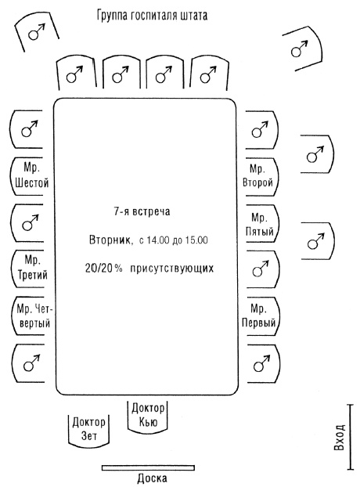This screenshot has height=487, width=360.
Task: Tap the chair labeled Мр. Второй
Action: click(260, 175)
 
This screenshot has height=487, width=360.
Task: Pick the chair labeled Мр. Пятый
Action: click(260, 224)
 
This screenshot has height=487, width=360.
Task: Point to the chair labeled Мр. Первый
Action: click(260, 315)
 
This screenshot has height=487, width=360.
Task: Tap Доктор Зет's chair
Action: click(88, 430)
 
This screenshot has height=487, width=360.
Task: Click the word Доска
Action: click(152, 478)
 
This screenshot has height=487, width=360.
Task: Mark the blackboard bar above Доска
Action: click(152, 467)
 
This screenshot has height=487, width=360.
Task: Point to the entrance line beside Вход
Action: click(350, 438)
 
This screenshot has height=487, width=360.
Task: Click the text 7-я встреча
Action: click(147, 212)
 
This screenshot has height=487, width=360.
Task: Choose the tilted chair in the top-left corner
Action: click(34, 31)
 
